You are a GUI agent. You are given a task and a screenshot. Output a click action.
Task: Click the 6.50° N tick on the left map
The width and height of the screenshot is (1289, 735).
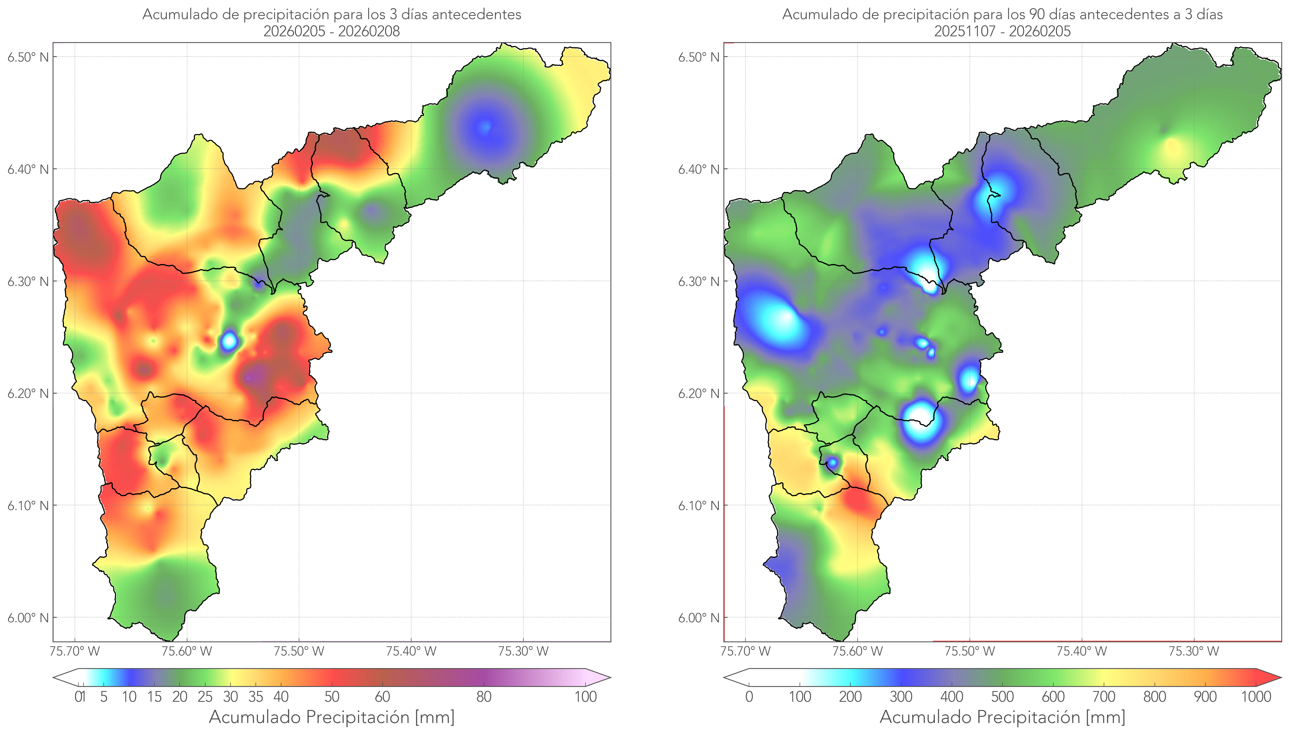[28, 56]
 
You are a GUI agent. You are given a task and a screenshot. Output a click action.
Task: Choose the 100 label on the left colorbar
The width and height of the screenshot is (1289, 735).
[585, 697]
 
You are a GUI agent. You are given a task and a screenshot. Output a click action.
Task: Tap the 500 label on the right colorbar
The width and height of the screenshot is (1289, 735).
[1002, 697]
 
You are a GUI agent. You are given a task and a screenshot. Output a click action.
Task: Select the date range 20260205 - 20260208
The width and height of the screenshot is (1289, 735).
[332, 31]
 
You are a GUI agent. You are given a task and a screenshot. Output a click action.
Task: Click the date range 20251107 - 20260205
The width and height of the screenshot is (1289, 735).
[1002, 31]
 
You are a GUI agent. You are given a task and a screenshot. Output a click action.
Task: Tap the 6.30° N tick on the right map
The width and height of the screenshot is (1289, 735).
[699, 281]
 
